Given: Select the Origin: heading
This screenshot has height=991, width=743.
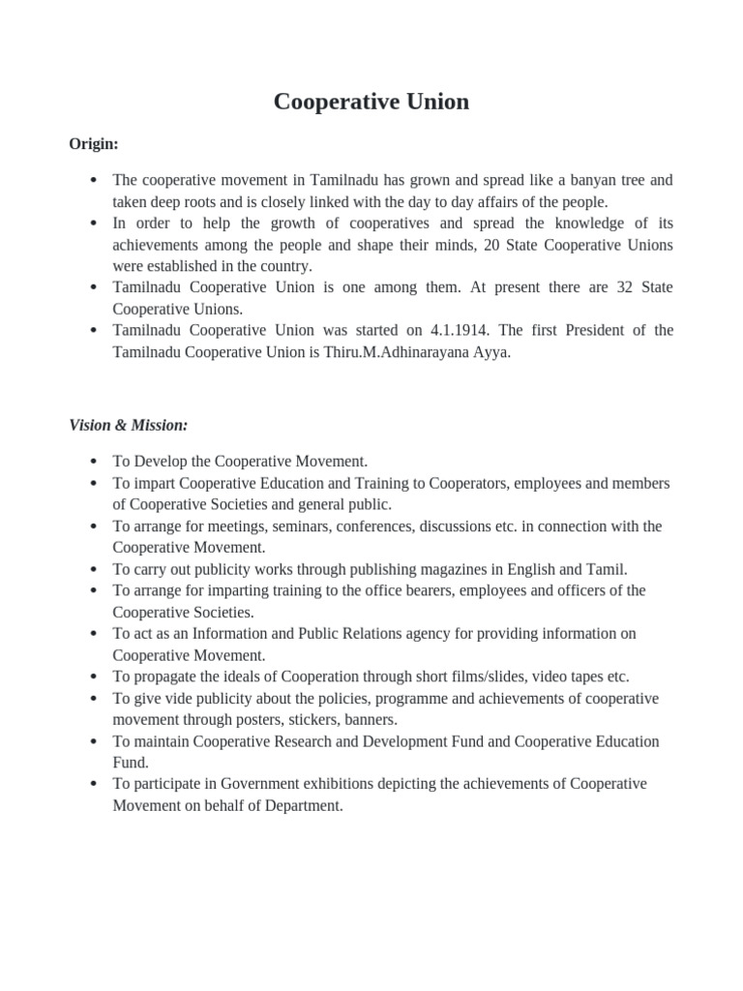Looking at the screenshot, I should tap(94, 144).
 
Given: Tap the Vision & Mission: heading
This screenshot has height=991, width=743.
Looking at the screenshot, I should tap(128, 425).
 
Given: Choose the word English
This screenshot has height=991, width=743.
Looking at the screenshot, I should tap(507, 569).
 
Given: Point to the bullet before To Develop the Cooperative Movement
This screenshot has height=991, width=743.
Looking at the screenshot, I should tap(92, 463).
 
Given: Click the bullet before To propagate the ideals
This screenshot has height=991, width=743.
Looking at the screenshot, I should tap(92, 677).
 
